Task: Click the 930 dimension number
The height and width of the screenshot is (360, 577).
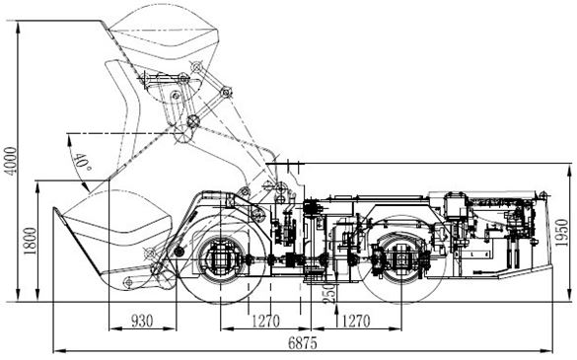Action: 143,322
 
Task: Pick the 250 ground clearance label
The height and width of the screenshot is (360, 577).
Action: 315,293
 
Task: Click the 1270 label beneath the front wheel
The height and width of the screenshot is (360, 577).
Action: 261,322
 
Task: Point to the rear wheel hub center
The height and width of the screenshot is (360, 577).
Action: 400,260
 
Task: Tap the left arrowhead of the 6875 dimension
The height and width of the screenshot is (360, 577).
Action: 55,348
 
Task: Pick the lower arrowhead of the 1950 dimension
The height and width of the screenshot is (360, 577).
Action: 571,295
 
